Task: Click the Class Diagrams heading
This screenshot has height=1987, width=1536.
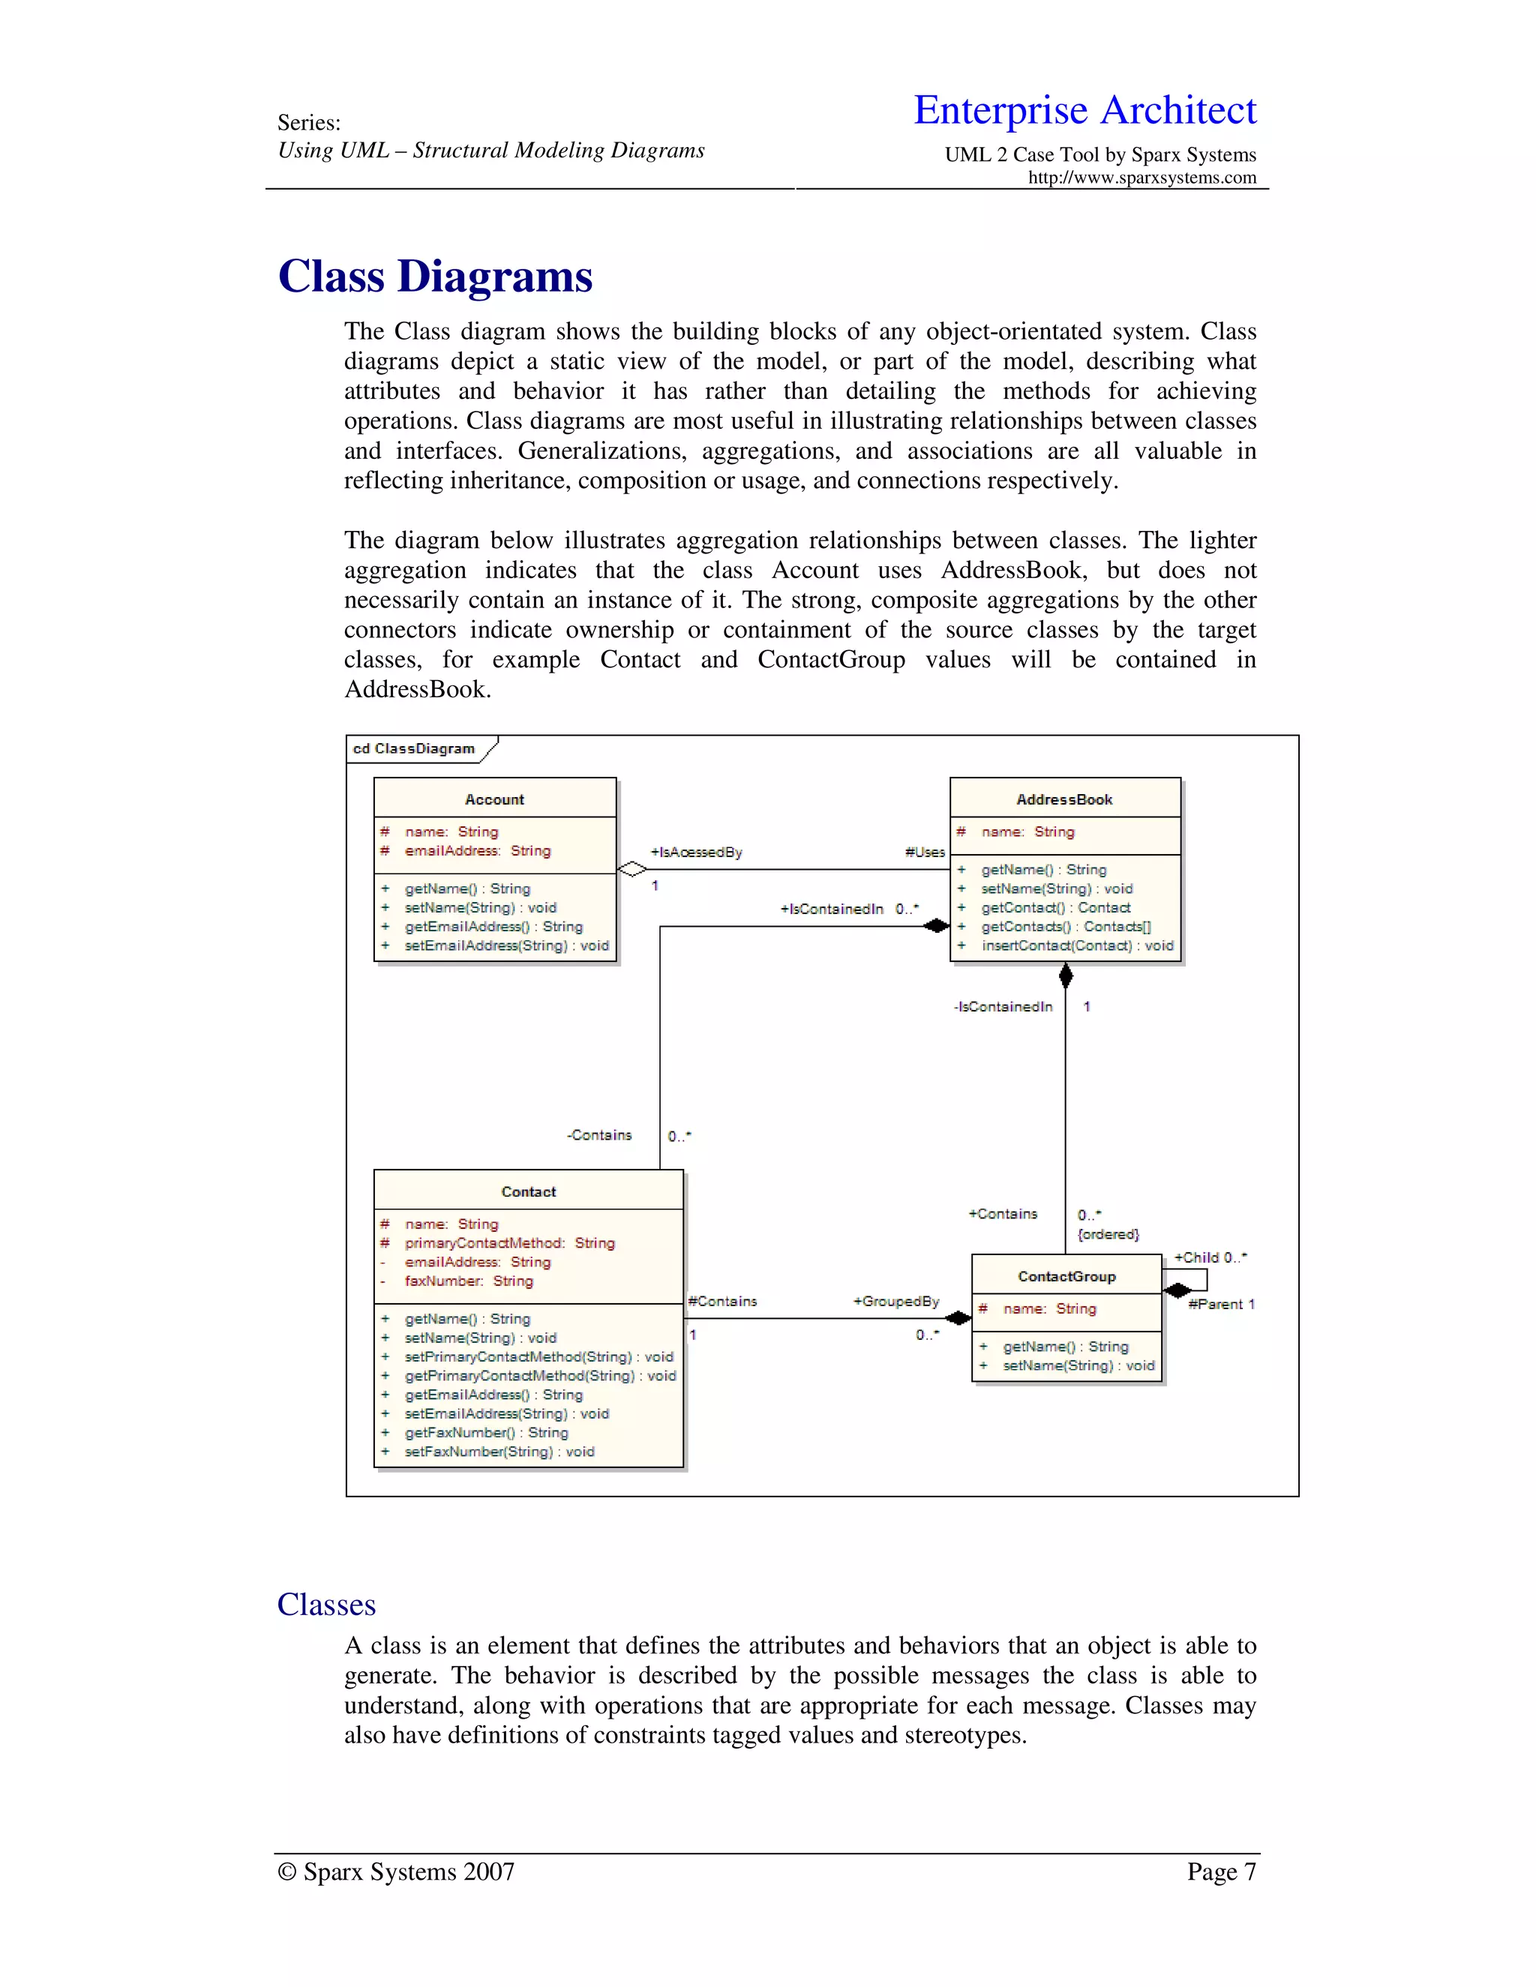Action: tap(435, 277)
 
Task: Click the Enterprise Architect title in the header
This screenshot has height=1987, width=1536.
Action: tap(1084, 111)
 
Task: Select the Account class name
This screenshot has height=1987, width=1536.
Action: tap(494, 800)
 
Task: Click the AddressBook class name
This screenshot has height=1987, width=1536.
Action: tap(1063, 800)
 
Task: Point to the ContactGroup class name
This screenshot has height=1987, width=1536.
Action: tap(1066, 1276)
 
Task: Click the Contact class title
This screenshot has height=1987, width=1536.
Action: tap(528, 1192)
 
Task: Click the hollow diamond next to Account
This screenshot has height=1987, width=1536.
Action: tap(632, 869)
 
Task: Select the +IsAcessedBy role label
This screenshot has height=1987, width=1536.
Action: tap(696, 853)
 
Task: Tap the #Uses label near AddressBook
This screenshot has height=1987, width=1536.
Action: tap(925, 853)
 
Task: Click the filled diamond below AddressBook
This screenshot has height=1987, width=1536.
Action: tap(1066, 976)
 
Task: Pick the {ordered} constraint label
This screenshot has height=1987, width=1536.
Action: tap(1108, 1235)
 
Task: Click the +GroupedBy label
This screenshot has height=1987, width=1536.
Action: tap(895, 1302)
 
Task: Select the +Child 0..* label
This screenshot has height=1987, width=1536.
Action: tap(1210, 1257)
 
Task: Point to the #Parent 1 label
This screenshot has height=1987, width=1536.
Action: tap(1221, 1305)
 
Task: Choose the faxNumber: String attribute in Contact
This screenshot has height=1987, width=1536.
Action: tap(469, 1281)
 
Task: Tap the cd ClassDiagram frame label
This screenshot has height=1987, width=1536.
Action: tap(414, 749)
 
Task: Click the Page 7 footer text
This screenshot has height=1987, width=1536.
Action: tap(1220, 1872)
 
